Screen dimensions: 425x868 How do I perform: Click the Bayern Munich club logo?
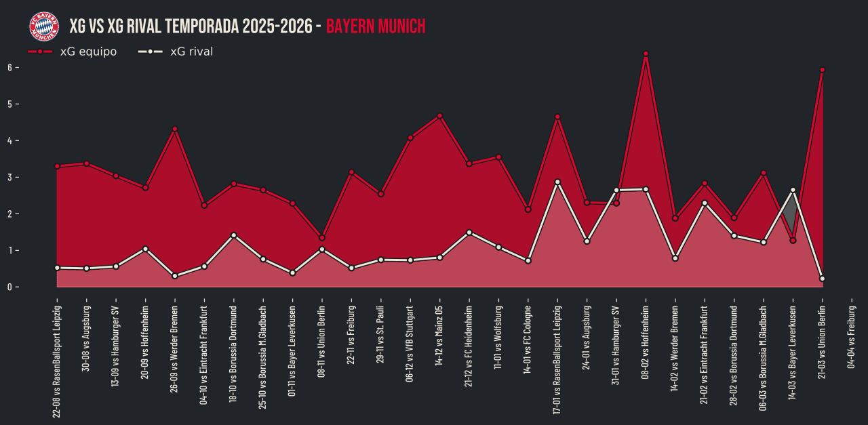[x=43, y=26]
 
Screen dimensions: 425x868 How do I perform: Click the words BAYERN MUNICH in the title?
[x=376, y=26]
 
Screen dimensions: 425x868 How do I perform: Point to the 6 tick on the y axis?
[x=10, y=67]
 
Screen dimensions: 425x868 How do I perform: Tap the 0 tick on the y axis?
[x=10, y=287]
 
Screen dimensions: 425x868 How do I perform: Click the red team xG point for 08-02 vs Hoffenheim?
[x=646, y=54]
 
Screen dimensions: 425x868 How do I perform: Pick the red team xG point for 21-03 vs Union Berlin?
[x=822, y=70]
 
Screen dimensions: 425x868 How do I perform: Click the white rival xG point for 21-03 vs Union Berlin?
[x=822, y=279]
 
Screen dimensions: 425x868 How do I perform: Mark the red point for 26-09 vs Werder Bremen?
[x=175, y=129]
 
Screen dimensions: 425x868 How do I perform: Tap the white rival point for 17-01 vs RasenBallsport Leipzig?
[x=557, y=182]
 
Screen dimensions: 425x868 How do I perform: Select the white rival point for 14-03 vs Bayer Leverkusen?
[x=793, y=190]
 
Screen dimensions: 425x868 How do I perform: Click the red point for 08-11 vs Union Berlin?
[x=322, y=238]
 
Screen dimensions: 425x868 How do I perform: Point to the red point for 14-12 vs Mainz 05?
[x=439, y=116]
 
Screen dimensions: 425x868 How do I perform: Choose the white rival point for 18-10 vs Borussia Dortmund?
[x=233, y=235]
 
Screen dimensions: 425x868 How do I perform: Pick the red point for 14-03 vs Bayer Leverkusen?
[x=793, y=241]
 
